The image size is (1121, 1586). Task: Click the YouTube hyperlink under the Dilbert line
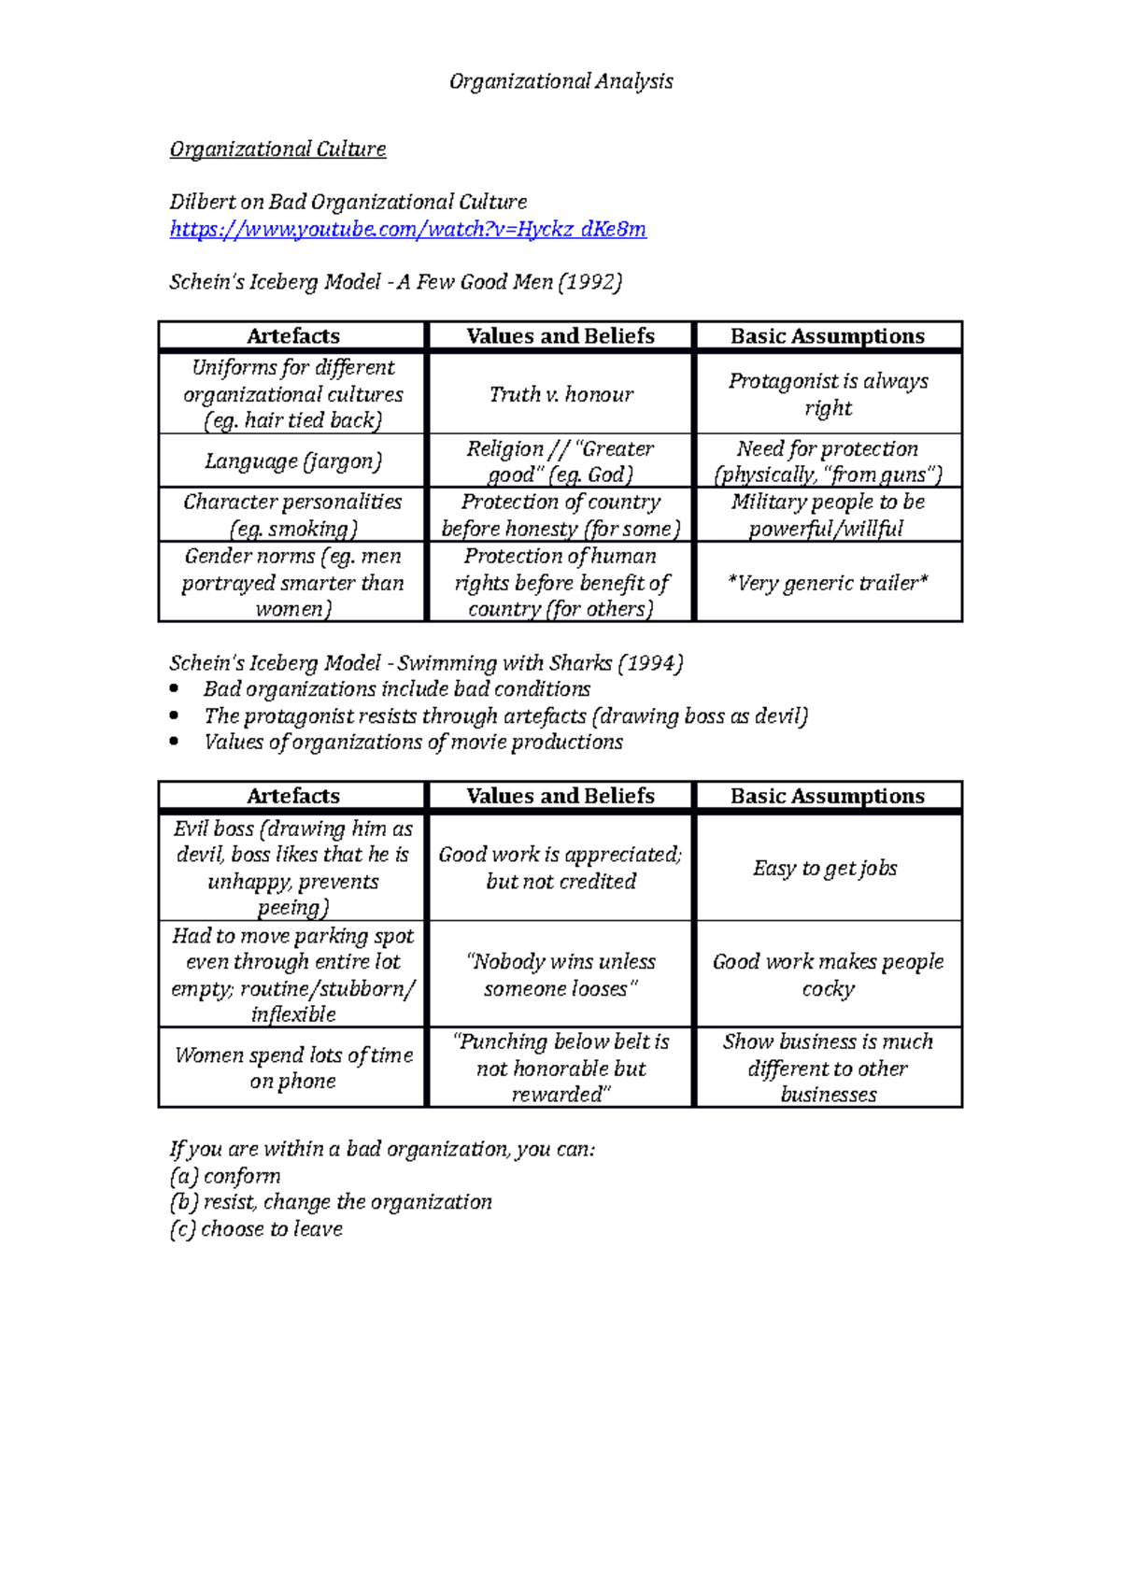tap(407, 230)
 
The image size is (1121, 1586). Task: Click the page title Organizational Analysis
tap(560, 82)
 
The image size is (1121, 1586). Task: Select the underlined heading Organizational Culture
tap(277, 149)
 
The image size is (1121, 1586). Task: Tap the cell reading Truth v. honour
tap(560, 394)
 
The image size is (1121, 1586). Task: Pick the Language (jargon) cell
tap(293, 461)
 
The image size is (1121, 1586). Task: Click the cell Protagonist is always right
tap(828, 394)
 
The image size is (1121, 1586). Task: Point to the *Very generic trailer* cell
tap(828, 583)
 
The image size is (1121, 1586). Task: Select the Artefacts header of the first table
tap(293, 336)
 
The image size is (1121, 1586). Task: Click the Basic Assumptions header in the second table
tap(828, 796)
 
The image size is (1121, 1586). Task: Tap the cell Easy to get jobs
tap(826, 869)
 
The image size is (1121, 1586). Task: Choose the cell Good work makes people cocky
tap(828, 975)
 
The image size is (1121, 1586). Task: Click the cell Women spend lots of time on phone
tap(293, 1068)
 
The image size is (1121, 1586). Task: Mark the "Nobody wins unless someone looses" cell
tap(560, 975)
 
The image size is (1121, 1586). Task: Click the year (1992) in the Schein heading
tap(589, 282)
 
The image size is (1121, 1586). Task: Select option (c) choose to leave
tap(256, 1229)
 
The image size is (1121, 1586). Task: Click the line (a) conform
tap(225, 1176)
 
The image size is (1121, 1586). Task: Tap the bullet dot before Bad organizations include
tap(175, 689)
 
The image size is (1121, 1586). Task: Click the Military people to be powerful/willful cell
tap(828, 516)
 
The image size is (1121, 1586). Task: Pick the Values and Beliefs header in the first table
tap(560, 336)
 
